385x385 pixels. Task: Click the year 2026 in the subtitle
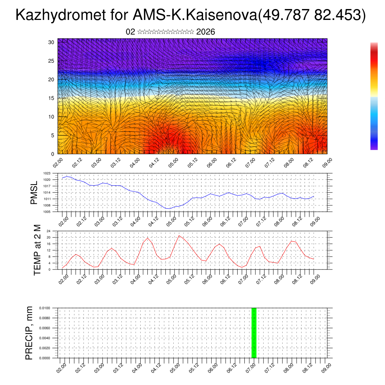(x=206, y=32)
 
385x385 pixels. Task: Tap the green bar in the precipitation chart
(x=254, y=333)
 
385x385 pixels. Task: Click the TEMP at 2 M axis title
(x=37, y=250)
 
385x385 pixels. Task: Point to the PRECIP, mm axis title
(x=29, y=333)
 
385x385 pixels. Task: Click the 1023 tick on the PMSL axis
(x=47, y=173)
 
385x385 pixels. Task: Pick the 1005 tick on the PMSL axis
(x=47, y=212)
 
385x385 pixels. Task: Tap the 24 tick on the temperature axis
(x=49, y=231)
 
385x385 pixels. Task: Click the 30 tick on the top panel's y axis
(x=51, y=42)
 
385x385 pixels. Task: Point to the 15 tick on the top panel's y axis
(x=51, y=98)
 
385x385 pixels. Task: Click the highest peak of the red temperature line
(x=179, y=235)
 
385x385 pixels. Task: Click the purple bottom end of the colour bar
(x=374, y=147)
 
